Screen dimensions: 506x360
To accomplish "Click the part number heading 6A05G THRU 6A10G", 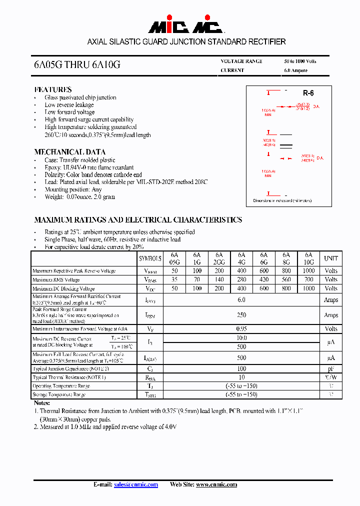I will tap(77, 65).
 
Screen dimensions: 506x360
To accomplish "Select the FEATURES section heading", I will tap(53, 89).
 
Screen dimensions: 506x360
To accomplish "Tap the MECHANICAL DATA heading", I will tap(69, 152).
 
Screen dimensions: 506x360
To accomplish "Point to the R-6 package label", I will tap(308, 93).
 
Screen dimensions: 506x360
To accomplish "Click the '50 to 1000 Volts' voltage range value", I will tap(300, 61).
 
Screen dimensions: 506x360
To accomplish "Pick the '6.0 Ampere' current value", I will tap(295, 70).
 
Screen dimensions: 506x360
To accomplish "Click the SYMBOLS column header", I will tap(150, 258).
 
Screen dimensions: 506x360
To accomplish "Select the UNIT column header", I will tap(330, 258).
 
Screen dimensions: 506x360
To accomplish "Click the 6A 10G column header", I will tap(308, 258).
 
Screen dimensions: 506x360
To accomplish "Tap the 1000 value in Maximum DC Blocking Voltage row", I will tap(308, 288).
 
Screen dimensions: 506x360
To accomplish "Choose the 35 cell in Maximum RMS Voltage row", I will tap(174, 280).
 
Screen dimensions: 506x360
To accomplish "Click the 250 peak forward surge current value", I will tap(241, 315).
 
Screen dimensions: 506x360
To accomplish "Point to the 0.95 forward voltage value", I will tap(241, 329).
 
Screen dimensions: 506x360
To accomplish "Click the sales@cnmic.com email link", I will tap(136, 484).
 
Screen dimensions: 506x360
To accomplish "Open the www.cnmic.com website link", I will tap(216, 484).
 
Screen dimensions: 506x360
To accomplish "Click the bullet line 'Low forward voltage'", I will tap(69, 112).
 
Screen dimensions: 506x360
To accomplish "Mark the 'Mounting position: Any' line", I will tap(73, 189).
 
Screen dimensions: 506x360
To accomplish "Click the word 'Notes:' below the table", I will tap(42, 403).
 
